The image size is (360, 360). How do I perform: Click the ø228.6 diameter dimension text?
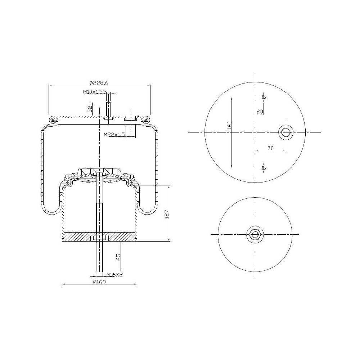[98, 82]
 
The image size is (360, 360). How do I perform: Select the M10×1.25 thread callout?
[95, 92]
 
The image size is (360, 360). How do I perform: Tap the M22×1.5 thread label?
[114, 135]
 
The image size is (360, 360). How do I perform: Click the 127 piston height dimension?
[166, 214]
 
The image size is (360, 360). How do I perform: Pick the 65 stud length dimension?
[118, 257]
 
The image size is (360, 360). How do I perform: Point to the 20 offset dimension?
[260, 112]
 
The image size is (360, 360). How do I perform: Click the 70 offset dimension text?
[271, 148]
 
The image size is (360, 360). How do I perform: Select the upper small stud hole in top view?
[264, 97]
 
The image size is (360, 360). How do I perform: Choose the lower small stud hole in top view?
[264, 168]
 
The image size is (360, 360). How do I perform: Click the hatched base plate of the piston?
[79, 237]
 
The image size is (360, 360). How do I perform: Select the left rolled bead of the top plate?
[53, 120]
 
